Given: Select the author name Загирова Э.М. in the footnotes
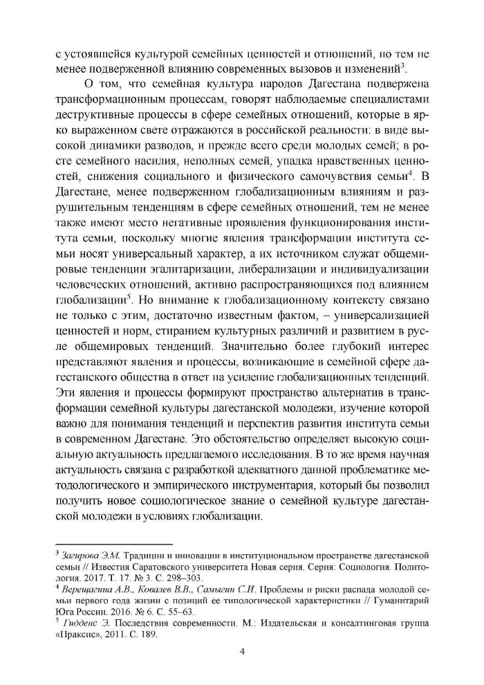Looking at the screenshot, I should coord(85,556).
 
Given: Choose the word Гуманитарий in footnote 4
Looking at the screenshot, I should coord(402,600).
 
